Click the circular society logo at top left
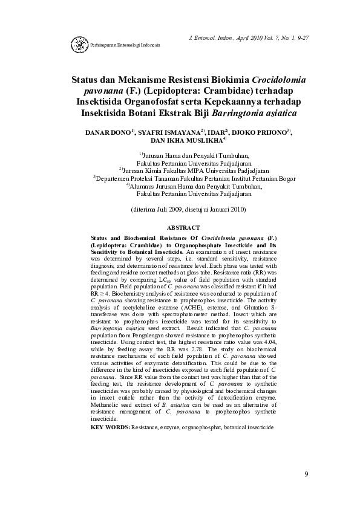[79, 45]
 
